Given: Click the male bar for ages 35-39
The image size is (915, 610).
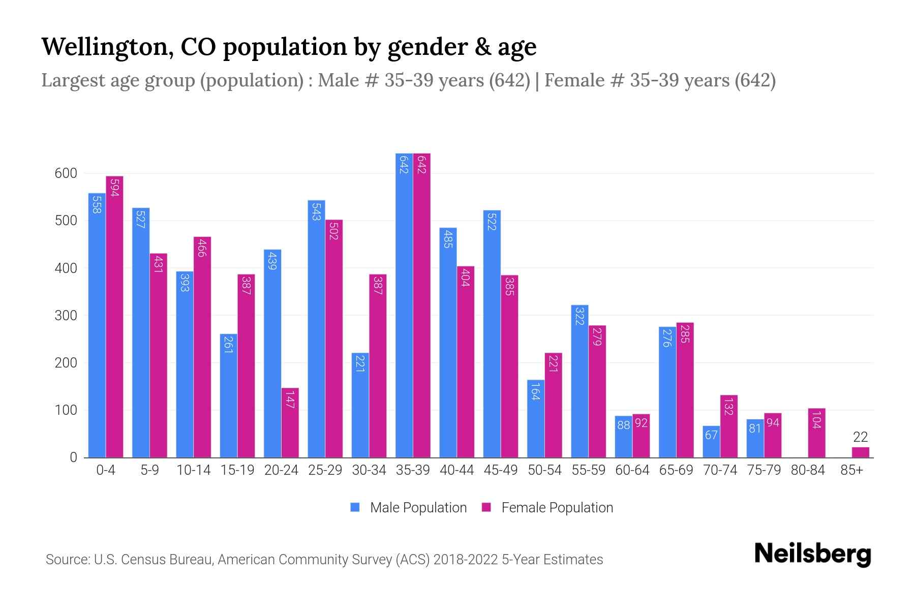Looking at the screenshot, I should pos(404,305).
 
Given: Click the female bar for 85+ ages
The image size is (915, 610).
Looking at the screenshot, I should pos(861,452).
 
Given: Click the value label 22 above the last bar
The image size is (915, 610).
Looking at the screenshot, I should pos(860,437).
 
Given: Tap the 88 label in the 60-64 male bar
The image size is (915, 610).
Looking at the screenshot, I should pos(624,425).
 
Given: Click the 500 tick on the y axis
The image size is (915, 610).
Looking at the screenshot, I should pos(66,221).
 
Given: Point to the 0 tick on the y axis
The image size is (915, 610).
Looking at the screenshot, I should pos(73,457).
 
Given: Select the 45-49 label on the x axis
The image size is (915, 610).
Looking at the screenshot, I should pos(501,470).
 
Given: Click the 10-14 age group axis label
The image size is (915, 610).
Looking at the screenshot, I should pos(193,470).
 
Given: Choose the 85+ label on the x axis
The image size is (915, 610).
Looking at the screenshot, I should pos(851,470).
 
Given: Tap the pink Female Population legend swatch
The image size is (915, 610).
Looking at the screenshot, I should pos(486,507).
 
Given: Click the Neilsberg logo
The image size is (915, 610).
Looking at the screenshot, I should pos(812,554).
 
